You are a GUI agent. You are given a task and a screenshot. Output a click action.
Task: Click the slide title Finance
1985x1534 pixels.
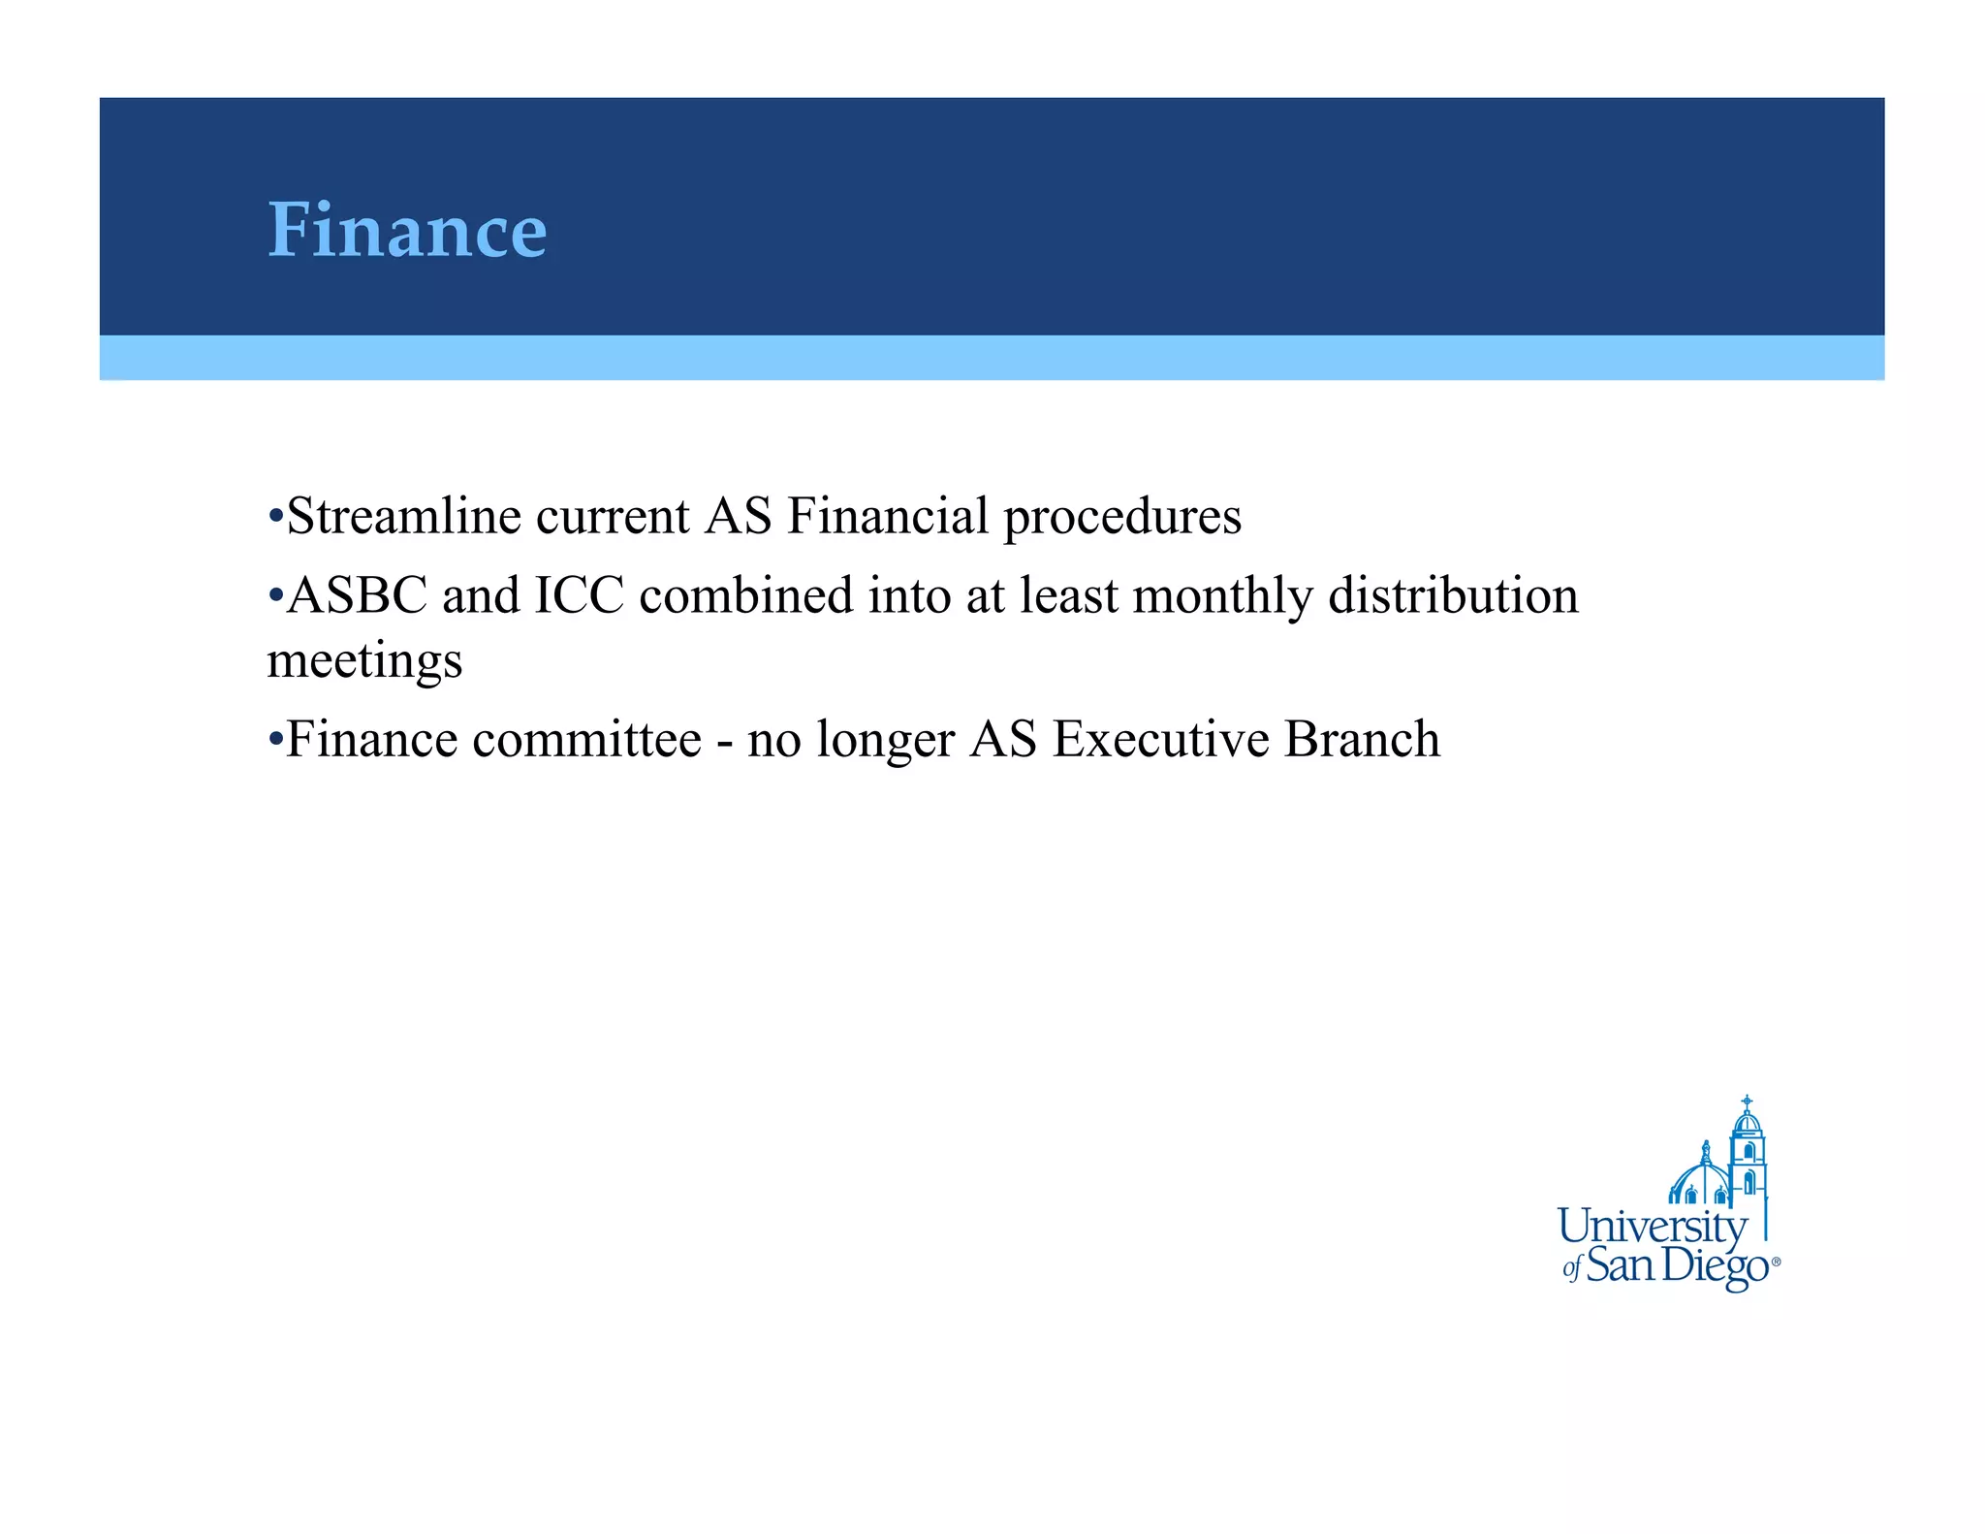click(x=407, y=231)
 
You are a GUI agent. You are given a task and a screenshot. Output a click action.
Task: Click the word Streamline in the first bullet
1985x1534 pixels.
click(x=404, y=516)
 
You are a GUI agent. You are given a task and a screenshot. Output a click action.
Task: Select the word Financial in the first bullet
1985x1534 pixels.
click(x=887, y=516)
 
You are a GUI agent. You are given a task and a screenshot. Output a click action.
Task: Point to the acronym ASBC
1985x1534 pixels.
click(x=357, y=595)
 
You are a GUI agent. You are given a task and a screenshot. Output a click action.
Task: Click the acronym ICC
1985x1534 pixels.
click(x=579, y=595)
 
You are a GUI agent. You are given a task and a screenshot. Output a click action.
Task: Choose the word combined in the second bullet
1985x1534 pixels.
click(x=745, y=595)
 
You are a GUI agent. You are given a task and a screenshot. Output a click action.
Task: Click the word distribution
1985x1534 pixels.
click(x=1453, y=595)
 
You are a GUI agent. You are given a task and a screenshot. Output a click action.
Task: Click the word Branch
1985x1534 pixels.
click(x=1362, y=740)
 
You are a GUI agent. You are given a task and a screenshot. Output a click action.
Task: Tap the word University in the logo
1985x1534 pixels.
click(x=1652, y=1227)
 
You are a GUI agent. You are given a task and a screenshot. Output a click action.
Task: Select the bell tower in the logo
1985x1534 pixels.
click(x=1748, y=1154)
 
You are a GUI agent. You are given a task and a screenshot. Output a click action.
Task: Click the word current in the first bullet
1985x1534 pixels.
click(x=613, y=516)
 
